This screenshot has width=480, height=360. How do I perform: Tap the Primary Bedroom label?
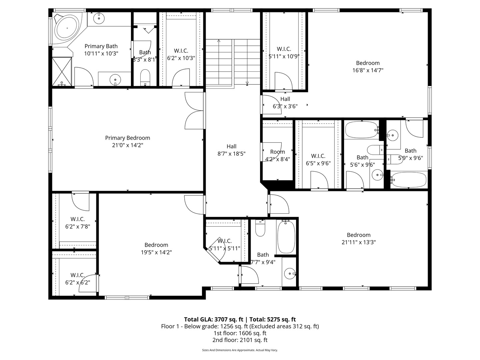point(128,138)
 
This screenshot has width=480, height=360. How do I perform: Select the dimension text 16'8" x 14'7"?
point(368,70)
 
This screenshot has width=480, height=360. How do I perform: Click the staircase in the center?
point(232,62)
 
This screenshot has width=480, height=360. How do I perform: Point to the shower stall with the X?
point(62,71)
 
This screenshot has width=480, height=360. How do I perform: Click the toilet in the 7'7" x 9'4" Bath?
point(260,229)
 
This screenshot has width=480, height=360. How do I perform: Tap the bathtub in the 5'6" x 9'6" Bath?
point(361,130)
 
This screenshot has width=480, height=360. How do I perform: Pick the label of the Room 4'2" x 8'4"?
point(277,152)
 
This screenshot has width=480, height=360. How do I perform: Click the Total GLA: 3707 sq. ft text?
point(214,319)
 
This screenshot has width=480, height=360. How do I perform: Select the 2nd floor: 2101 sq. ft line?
point(240,340)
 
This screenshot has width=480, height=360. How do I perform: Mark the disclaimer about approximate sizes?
point(240,350)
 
